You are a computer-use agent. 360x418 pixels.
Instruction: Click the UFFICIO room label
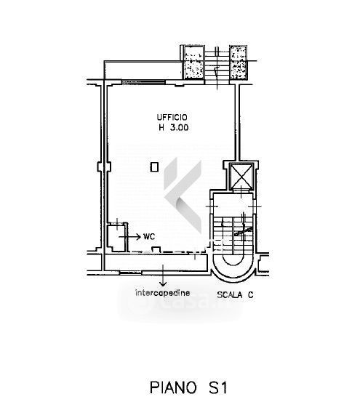click(172, 117)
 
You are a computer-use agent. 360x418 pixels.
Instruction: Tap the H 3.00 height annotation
click(174, 127)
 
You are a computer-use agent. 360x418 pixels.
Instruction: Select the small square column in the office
click(154, 167)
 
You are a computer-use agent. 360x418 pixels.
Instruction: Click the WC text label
click(149, 236)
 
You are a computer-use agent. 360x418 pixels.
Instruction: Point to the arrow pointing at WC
click(129, 236)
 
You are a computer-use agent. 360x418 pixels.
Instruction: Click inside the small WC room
click(116, 237)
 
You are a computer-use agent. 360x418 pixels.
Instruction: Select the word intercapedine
click(163, 293)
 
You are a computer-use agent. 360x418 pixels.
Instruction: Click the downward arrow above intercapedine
click(163, 276)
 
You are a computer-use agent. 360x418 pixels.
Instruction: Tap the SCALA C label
click(235, 295)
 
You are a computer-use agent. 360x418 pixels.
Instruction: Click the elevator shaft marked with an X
click(241, 176)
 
